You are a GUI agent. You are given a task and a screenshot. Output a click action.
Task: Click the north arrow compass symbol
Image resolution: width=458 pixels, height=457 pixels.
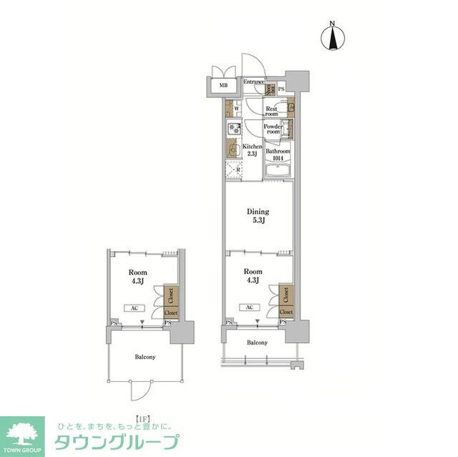333,37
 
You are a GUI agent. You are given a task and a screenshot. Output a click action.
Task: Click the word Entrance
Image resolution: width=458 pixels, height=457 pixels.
253,82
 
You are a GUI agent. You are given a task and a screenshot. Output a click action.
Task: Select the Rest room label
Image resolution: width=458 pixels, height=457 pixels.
271,112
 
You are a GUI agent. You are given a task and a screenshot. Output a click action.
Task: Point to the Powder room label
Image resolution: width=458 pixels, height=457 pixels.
273,130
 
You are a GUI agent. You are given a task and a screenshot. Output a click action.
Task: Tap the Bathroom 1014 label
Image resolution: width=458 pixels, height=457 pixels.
278,154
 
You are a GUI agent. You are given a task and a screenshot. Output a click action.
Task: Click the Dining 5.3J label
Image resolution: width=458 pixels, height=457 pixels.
258,215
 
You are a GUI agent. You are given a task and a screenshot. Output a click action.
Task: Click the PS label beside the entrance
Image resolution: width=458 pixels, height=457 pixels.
281,89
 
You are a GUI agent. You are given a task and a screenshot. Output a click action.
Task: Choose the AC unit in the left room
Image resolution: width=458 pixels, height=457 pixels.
135,308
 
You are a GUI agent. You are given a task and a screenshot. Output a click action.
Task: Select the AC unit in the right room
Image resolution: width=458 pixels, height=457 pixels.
249,308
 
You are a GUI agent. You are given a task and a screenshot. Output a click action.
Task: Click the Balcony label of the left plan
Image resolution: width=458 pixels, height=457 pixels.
145,357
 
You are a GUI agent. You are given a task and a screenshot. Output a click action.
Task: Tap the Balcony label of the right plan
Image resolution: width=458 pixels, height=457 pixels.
258,343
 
